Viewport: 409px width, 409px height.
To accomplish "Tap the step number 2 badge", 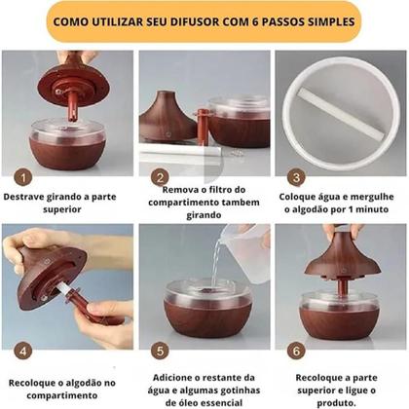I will pos(158,178).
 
